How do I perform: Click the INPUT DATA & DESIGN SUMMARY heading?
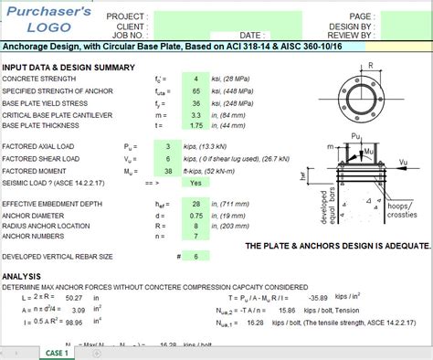69,68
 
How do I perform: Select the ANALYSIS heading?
23,275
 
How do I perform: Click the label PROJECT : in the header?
127,16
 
